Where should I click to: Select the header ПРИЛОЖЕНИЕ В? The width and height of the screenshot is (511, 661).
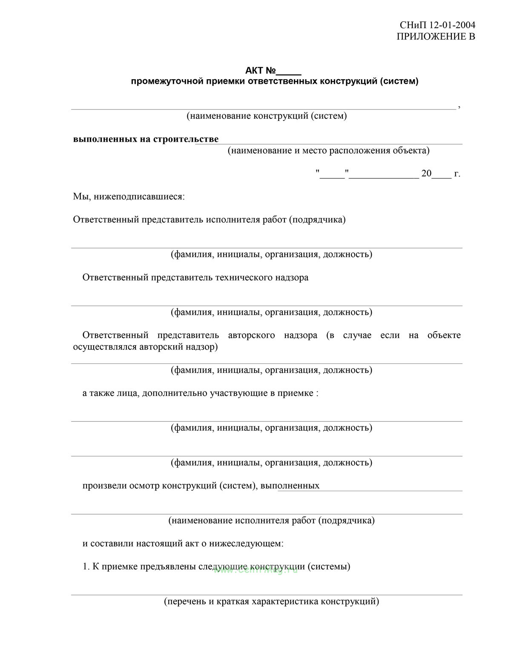pos(436,37)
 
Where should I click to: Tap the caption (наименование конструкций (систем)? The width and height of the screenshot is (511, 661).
pos(267,116)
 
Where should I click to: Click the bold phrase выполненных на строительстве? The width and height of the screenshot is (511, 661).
pos(146,139)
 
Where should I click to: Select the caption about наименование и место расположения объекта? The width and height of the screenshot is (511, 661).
pos(328,150)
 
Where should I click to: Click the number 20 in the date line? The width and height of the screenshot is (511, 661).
pos(426,174)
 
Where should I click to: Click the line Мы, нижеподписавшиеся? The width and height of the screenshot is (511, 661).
pos(129,197)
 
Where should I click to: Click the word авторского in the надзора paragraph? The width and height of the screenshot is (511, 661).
pos(251,335)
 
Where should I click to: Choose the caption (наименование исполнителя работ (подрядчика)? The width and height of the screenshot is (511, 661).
pos(271,521)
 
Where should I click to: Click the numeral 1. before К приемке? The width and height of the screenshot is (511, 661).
pos(86,567)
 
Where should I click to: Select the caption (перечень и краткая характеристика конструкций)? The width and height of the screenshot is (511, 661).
pos(271,602)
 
